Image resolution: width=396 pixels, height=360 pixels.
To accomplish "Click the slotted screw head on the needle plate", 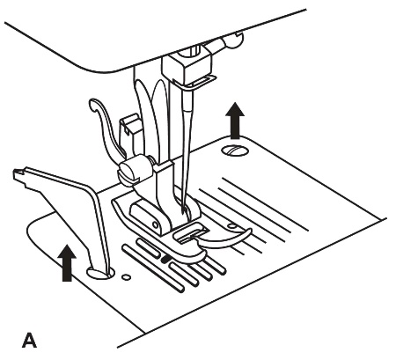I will pos(235,151).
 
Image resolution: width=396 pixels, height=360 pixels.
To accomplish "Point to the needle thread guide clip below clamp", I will pos(201,84).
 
